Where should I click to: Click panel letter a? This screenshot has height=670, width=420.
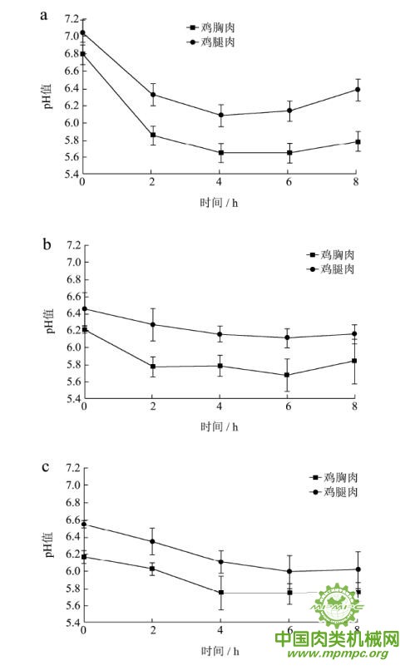click(43, 17)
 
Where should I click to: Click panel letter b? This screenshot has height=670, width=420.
click(47, 244)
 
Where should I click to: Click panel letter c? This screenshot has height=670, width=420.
click(46, 466)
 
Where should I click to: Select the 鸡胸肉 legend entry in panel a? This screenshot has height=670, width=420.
click(211, 27)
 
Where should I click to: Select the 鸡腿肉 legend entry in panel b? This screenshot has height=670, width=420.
click(331, 269)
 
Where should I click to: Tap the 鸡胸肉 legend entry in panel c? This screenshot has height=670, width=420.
click(334, 477)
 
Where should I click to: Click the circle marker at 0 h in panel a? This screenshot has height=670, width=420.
click(83, 33)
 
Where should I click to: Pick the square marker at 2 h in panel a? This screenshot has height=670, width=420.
click(153, 135)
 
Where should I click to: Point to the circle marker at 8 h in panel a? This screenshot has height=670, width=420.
click(358, 90)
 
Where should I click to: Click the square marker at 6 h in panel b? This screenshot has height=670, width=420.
click(287, 375)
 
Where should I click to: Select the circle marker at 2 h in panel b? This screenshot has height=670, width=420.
click(153, 324)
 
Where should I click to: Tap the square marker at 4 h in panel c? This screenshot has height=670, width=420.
click(220, 593)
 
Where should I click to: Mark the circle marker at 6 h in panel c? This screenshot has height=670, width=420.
click(289, 571)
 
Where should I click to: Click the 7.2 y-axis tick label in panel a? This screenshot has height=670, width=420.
click(72, 19)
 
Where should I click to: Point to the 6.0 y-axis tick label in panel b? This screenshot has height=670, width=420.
click(73, 347)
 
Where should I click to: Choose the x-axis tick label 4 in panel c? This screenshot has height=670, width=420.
click(220, 630)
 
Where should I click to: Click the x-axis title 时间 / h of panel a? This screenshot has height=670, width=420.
click(219, 203)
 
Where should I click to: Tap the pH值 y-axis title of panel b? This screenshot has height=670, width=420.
click(49, 322)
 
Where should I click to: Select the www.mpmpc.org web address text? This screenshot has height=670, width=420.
click(338, 653)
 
